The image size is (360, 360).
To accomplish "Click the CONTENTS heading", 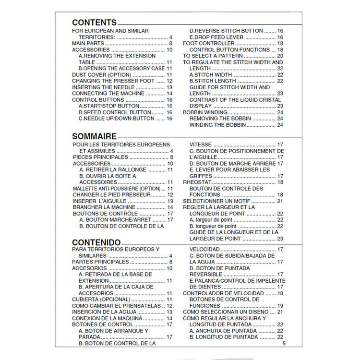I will (94, 23).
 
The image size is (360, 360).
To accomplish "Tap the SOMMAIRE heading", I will (95, 136).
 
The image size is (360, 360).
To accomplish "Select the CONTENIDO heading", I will (96, 242).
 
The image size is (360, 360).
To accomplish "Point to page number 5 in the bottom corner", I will (284, 343).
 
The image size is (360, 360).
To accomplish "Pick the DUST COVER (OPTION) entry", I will (101, 75).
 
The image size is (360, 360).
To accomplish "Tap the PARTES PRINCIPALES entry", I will (100, 262).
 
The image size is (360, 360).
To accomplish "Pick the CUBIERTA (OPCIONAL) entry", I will (101, 300).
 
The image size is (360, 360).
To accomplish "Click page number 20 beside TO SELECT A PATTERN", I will (280, 56).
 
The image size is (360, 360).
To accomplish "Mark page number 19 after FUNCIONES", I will (280, 306).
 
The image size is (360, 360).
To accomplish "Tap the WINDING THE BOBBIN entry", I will (218, 125).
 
